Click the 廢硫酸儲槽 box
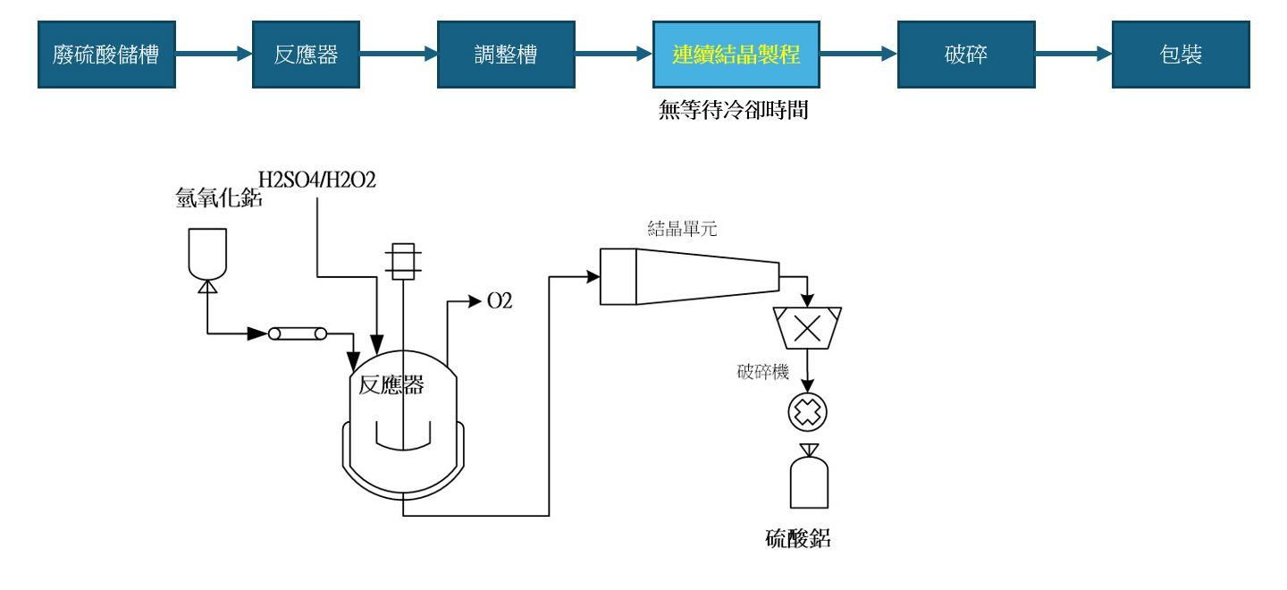pos(106,55)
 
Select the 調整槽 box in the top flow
pos(505,55)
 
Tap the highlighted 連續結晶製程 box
pos(736,55)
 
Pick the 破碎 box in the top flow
pos(965,55)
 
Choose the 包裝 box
pos(1180,55)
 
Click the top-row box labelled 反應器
pos(306,55)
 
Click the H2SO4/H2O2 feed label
pos(317,180)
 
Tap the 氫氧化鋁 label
pos(219,198)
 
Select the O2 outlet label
pos(500,301)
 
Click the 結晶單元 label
pos(682,229)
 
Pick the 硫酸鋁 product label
pos(798,538)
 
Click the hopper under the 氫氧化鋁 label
pos(207,253)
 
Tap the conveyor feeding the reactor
pos(298,333)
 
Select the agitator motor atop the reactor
pos(403,260)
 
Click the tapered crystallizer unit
pos(688,276)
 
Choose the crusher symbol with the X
pos(808,328)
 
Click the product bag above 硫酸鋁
pos(809,481)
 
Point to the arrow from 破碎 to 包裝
pos(1072,55)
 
